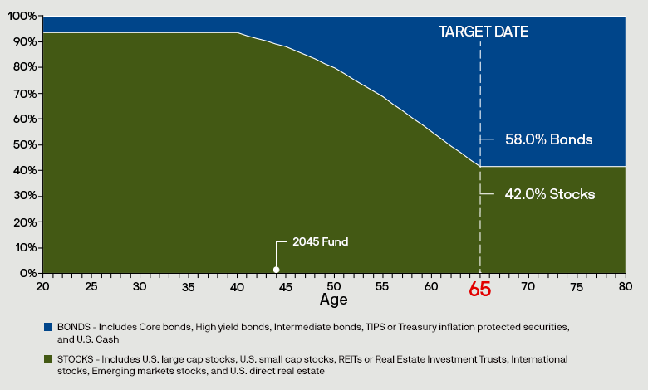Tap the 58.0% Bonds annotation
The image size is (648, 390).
pyautogui.click(x=548, y=139)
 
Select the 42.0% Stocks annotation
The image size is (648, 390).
pyautogui.click(x=550, y=194)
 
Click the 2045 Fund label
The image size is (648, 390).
pyautogui.click(x=320, y=242)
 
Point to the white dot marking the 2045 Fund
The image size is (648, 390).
pyautogui.click(x=277, y=269)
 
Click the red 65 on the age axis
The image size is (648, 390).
pyautogui.click(x=480, y=290)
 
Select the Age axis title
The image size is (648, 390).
pyautogui.click(x=334, y=299)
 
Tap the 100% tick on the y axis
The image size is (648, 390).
pyautogui.click(x=22, y=16)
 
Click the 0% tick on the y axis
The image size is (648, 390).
pyautogui.click(x=27, y=273)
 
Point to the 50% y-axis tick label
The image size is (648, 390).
pyautogui.click(x=25, y=144)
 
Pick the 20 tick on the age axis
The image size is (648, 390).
pyautogui.click(x=42, y=285)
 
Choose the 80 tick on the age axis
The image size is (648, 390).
pyautogui.click(x=626, y=285)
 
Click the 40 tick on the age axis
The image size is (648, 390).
pyautogui.click(x=237, y=285)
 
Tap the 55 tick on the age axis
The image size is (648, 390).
pyautogui.click(x=383, y=285)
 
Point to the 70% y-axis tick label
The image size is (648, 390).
pyautogui.click(x=25, y=93)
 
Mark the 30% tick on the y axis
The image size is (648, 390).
pyautogui.click(x=25, y=196)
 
